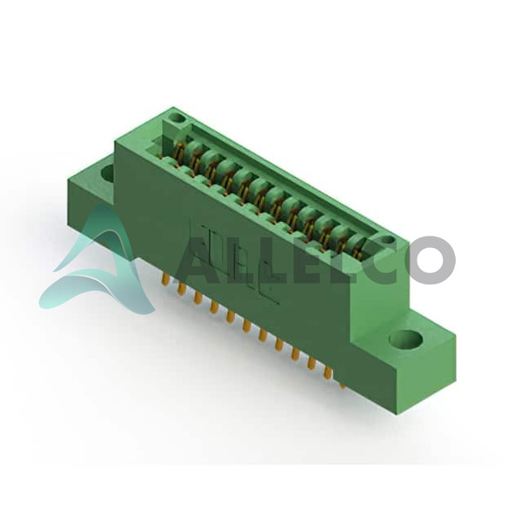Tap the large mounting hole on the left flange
(108, 172)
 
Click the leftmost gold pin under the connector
(164, 279)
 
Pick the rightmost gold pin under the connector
(342, 385)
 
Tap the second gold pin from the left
(181, 290)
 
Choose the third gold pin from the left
(197, 298)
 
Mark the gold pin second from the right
(328, 373)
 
